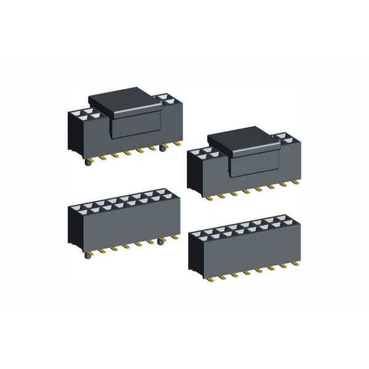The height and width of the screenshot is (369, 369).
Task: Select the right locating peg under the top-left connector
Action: coord(162,149)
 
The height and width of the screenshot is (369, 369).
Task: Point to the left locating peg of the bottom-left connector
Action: coord(87,253)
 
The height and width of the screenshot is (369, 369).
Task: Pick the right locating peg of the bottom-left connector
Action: coord(161,242)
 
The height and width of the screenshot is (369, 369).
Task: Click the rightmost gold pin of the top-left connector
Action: coord(177,144)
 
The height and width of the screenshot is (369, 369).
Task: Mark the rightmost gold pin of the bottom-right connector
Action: coord(298,261)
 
